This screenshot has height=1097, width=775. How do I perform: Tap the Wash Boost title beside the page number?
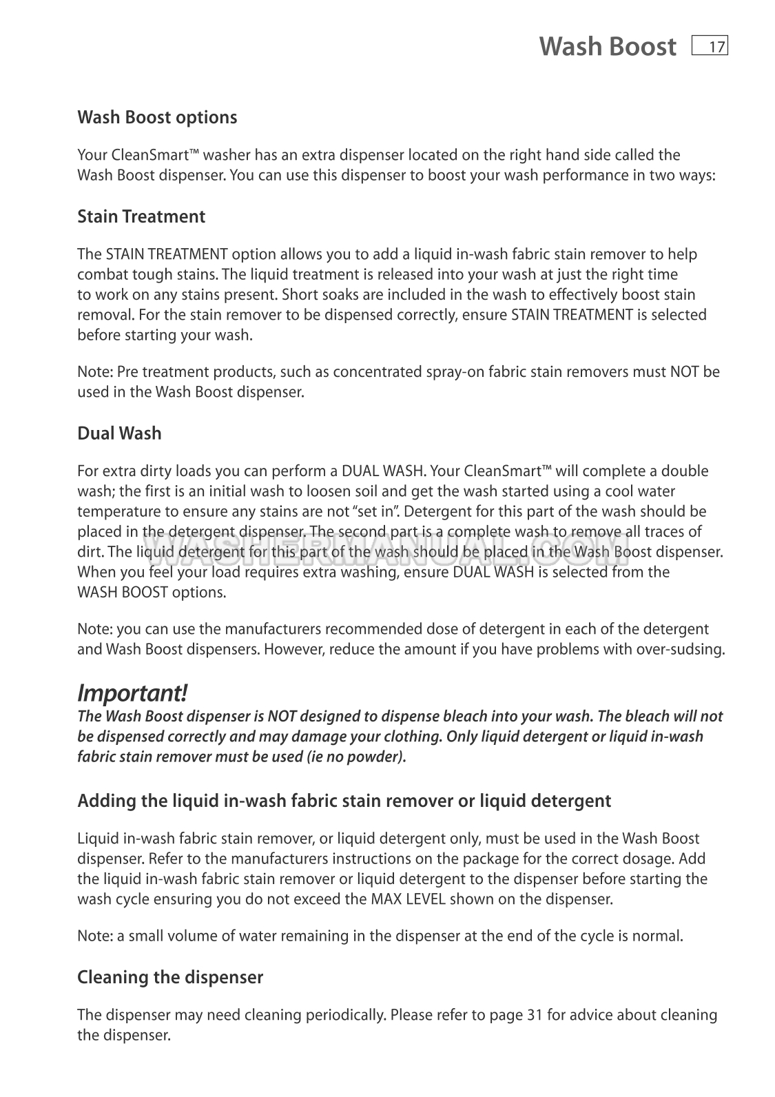tap(607, 47)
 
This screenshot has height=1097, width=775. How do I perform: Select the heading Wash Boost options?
tap(157, 117)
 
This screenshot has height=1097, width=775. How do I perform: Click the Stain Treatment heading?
tap(141, 216)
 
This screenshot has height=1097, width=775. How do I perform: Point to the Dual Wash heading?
tap(119, 433)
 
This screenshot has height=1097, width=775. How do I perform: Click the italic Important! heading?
tap(132, 692)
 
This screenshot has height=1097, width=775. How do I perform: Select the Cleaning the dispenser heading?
tap(170, 977)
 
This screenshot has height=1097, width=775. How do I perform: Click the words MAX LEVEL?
tap(408, 899)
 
